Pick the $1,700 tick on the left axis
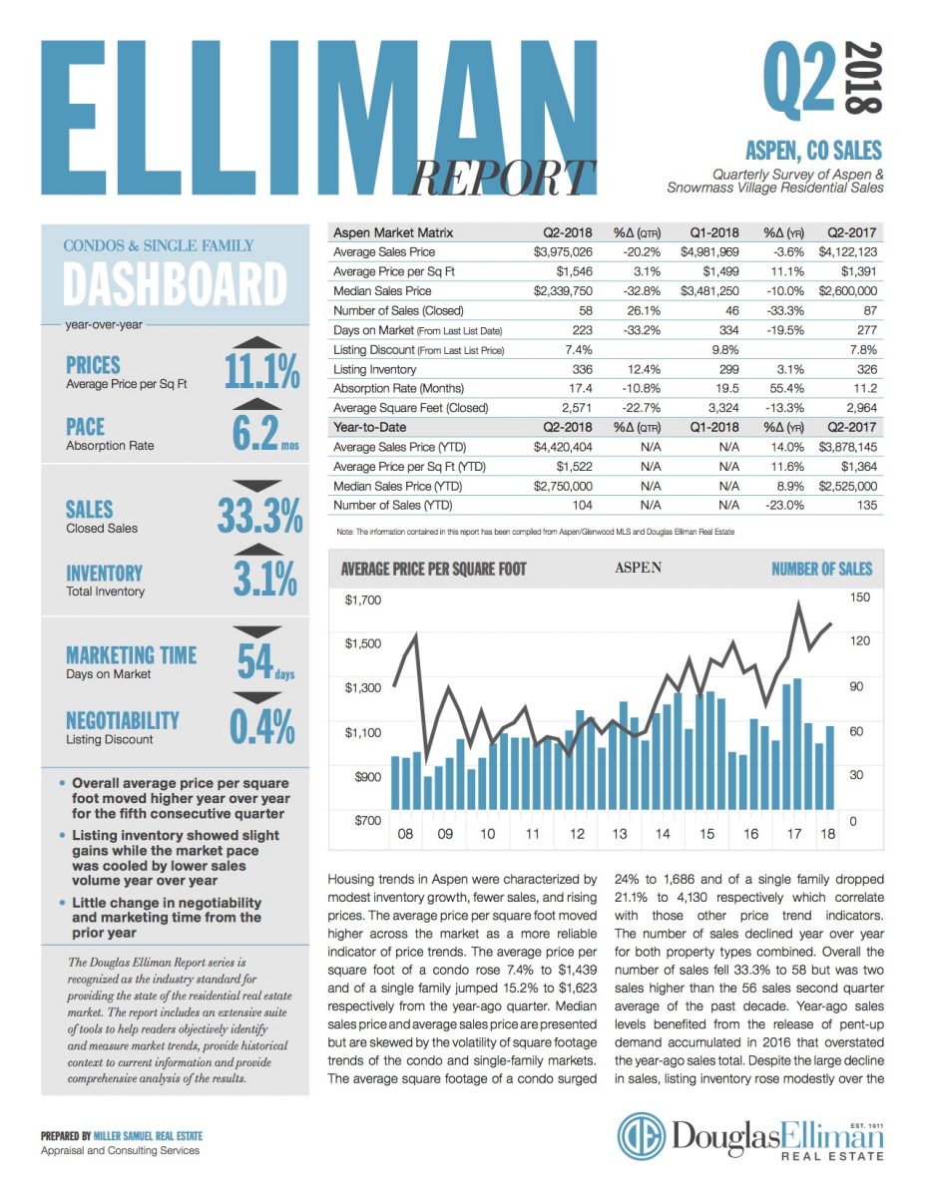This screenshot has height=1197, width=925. (x=361, y=600)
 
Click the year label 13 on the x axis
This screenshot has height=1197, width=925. (x=620, y=834)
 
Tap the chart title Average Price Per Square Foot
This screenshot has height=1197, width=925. (x=433, y=570)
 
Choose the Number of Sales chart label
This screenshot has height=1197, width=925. (x=821, y=569)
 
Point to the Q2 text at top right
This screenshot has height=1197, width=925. (x=798, y=80)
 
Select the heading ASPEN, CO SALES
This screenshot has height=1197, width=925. (x=813, y=151)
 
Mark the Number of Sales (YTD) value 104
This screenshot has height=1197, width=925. (x=580, y=505)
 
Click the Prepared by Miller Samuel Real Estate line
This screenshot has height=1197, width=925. (x=122, y=1136)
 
